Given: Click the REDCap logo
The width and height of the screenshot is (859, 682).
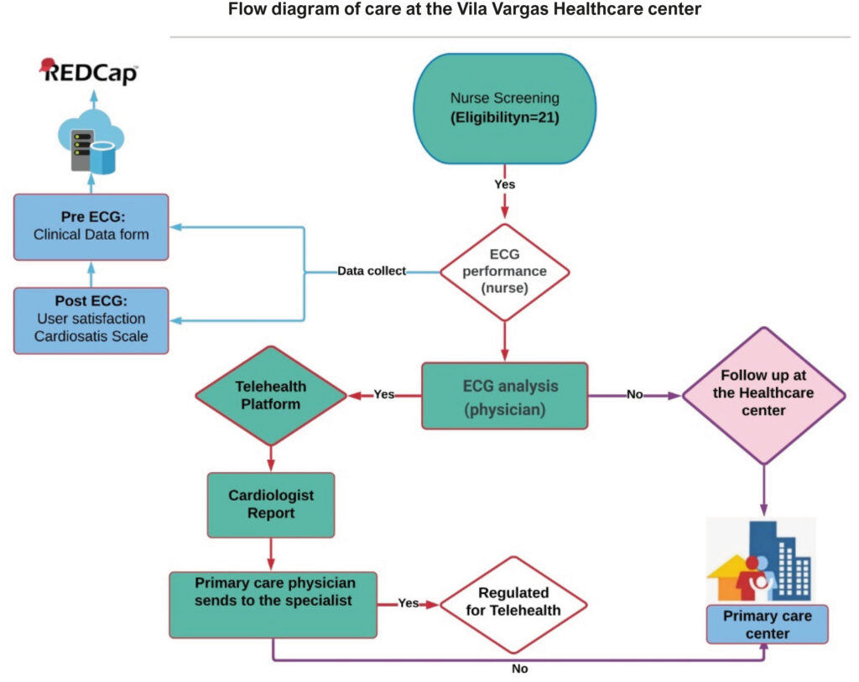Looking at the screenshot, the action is tap(89, 72).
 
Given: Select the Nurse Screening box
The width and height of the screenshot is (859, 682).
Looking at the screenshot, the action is tap(504, 108).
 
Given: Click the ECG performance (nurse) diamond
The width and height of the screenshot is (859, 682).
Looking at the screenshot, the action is tap(504, 272).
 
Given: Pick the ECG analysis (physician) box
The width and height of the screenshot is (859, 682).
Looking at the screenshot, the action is tap(504, 395).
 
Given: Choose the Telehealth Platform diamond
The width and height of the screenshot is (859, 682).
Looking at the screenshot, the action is tap(271, 395).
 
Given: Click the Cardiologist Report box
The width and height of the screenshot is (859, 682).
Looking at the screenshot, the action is tap(271, 504).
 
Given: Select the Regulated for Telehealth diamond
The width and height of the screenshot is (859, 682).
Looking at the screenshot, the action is tap(513, 605).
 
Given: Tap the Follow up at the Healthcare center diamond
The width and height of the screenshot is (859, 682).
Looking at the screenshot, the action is tap(763, 395).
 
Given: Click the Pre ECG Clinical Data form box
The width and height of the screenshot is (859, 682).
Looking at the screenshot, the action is tap(91, 226).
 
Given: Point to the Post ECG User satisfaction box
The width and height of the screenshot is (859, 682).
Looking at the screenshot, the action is tap(91, 320).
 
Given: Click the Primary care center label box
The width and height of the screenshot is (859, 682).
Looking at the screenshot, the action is tap(767, 624).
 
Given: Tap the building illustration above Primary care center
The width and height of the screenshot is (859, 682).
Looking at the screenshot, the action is tap(761, 560).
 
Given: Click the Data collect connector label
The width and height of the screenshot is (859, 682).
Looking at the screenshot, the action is tap(372, 271).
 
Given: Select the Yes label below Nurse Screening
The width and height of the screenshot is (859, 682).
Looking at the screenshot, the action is tap(504, 184).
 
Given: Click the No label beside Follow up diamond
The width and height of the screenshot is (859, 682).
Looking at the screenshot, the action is tap(634, 394).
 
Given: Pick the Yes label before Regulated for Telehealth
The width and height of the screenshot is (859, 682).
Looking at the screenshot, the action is tap(409, 602).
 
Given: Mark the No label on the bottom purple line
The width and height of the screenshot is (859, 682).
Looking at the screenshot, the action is tap(519, 669).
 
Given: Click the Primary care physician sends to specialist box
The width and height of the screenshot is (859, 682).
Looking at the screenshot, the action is tap(273, 605).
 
